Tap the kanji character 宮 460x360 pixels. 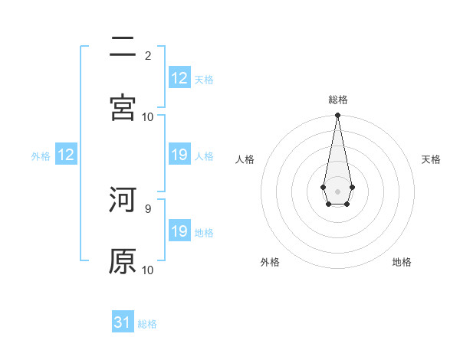pyautogui.click(x=123, y=108)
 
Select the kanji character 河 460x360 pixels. pyautogui.click(x=123, y=200)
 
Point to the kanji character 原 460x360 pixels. pyautogui.click(x=123, y=261)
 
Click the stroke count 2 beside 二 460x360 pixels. pyautogui.click(x=148, y=55)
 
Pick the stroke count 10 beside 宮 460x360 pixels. pyautogui.click(x=148, y=116)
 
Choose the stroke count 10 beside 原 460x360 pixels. pyautogui.click(x=148, y=270)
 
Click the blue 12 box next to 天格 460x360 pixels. pyautogui.click(x=179, y=78)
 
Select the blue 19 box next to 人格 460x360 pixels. pyautogui.click(x=179, y=155)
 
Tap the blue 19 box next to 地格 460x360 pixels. pyautogui.click(x=179, y=231)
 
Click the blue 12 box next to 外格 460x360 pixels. pyautogui.click(x=66, y=155)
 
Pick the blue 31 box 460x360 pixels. pyautogui.click(x=123, y=322)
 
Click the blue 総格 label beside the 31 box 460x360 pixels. pyautogui.click(x=147, y=324)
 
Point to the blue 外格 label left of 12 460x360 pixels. pyautogui.click(x=41, y=156)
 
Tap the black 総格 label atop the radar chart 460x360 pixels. pyautogui.click(x=338, y=100)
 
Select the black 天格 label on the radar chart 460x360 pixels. pyautogui.click(x=432, y=159)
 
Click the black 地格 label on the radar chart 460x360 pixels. pyautogui.click(x=402, y=262)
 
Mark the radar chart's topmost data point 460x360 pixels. pyautogui.click(x=337, y=116)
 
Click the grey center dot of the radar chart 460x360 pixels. pyautogui.click(x=337, y=190)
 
